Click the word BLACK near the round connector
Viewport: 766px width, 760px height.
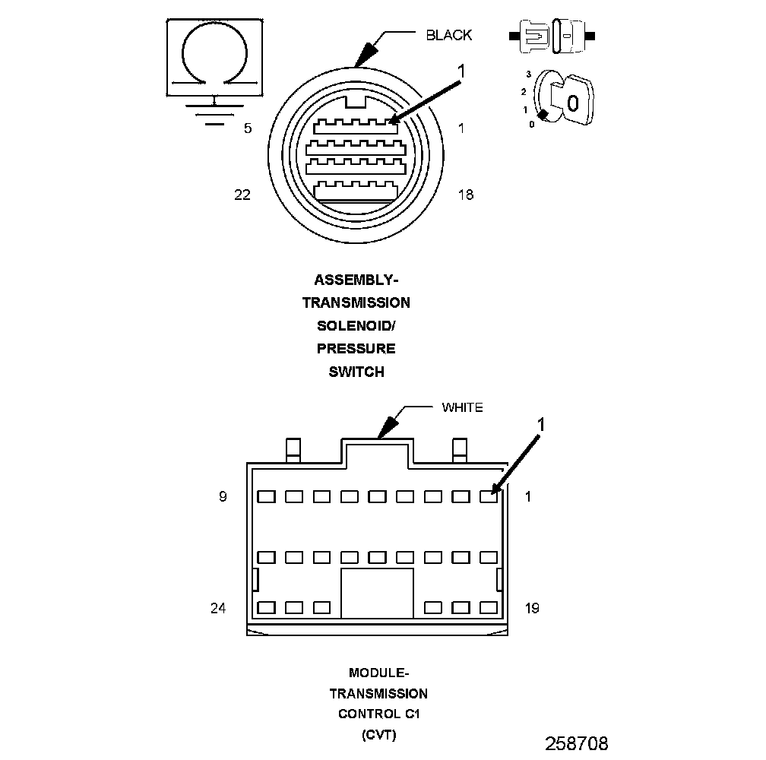point(448,35)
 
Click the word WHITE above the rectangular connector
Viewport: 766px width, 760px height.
point(462,407)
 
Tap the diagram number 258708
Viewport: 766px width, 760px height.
point(577,743)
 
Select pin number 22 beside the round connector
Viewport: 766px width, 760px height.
point(242,195)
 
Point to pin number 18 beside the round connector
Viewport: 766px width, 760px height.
point(465,195)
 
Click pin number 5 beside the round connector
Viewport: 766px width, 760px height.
point(248,128)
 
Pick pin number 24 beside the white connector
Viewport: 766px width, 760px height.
point(218,608)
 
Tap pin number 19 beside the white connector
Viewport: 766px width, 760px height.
point(532,608)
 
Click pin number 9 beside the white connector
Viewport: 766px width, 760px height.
point(223,497)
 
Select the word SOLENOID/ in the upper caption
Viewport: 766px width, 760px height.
point(356,325)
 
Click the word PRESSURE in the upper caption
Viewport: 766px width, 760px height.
point(356,349)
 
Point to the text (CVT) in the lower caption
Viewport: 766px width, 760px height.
point(378,735)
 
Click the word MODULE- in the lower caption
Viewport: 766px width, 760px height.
point(378,673)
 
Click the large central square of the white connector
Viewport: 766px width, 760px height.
point(377,593)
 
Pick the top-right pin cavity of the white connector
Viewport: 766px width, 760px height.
point(489,497)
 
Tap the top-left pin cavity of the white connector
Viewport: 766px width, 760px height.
point(266,497)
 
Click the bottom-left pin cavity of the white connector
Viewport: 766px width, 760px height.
point(266,608)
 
